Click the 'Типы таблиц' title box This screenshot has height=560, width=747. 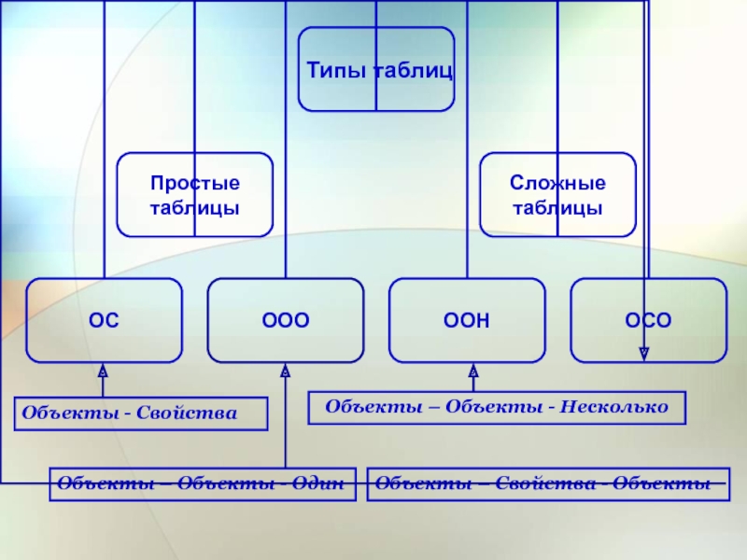376,69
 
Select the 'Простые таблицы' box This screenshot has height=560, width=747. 194,194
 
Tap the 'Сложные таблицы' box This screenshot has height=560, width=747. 557,194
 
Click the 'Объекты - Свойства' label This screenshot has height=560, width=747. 141,413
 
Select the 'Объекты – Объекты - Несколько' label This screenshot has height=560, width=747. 497,408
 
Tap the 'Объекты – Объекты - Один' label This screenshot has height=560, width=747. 203,484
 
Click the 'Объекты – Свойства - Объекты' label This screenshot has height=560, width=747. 549,484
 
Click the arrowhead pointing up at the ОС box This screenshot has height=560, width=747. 104,371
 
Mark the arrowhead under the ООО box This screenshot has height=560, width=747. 286,371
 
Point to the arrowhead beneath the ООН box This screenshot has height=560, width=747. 473,371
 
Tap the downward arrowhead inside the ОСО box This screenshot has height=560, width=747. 644,353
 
